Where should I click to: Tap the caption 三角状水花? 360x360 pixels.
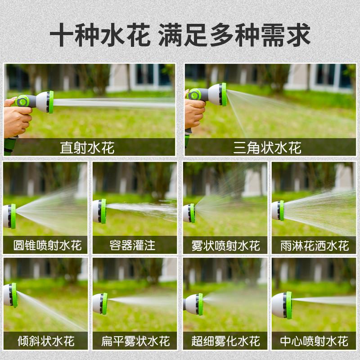click(x=267, y=148)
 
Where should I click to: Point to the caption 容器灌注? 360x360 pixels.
click(x=132, y=246)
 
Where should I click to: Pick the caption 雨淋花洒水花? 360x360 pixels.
click(x=314, y=246)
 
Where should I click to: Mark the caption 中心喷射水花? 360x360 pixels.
click(x=314, y=341)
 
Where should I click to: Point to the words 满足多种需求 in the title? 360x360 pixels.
click(x=234, y=36)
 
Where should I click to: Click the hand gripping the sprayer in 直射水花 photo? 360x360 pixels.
click(x=17, y=119)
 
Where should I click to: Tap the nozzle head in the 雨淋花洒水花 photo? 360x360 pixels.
click(x=278, y=210)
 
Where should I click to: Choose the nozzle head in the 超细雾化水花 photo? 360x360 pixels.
click(x=194, y=304)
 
